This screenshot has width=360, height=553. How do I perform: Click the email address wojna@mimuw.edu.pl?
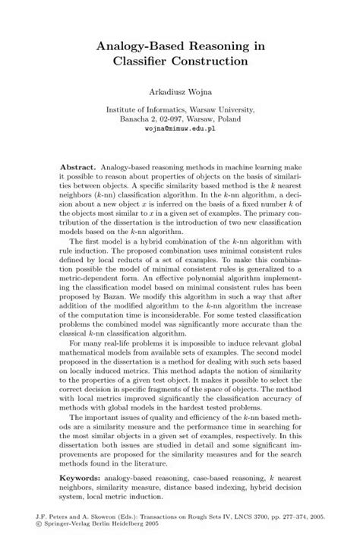(x=180, y=130)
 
